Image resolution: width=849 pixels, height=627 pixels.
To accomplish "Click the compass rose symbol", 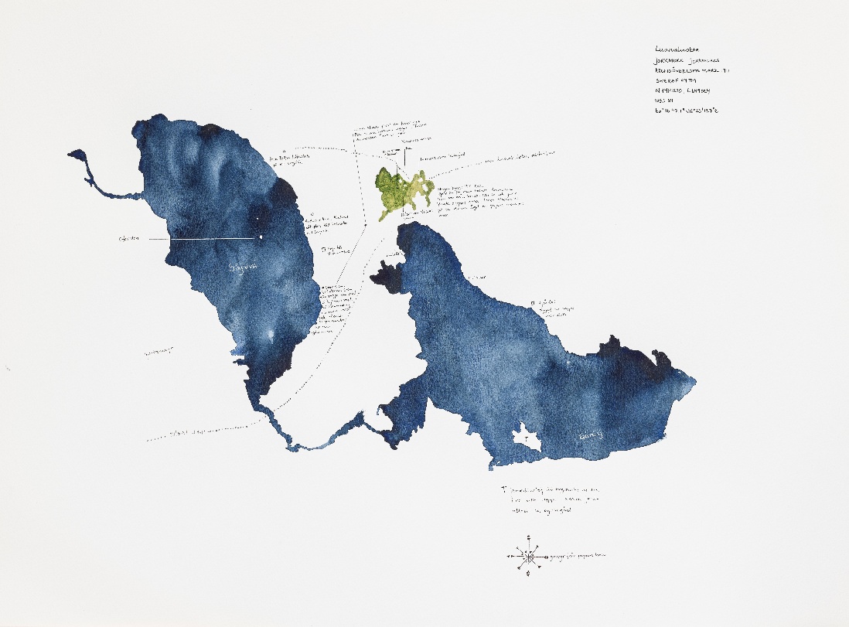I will [x=527, y=556].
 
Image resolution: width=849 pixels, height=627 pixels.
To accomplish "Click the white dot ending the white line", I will [x=261, y=237].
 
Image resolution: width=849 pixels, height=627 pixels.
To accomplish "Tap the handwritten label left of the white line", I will [x=128, y=240].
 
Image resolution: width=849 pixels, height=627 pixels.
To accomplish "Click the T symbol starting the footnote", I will [x=503, y=489].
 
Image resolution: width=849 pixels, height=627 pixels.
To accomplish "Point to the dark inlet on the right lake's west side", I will [x=387, y=275].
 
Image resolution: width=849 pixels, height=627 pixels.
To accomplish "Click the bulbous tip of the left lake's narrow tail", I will [x=77, y=156].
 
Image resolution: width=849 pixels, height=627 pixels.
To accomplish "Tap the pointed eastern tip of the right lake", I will [x=693, y=380].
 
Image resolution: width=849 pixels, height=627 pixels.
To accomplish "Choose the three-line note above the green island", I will [x=389, y=130].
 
